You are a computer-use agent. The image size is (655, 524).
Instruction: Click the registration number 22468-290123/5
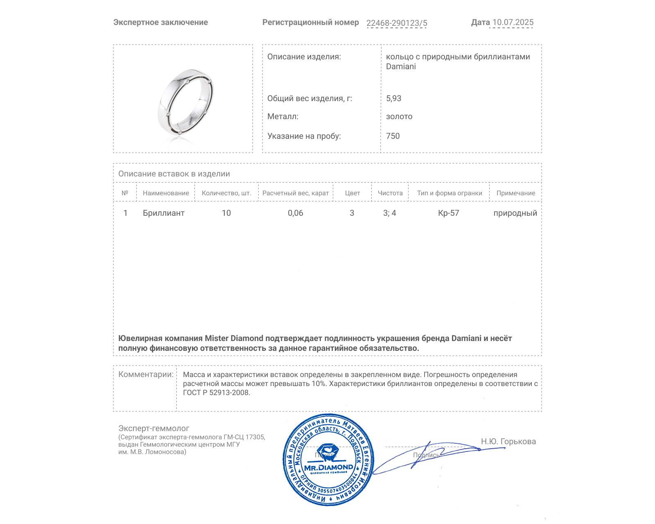pos(396,23)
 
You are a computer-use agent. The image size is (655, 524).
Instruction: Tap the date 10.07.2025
pos(513,23)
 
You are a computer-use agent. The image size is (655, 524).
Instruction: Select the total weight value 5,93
pos(393,98)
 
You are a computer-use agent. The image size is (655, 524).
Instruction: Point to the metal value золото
pos(399,117)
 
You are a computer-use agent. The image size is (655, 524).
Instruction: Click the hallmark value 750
pos(393,136)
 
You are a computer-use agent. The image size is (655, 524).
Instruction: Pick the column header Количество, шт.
pos(226,193)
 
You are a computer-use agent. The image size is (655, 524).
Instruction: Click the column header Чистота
pos(390,193)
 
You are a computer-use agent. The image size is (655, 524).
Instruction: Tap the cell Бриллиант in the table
pos(163,213)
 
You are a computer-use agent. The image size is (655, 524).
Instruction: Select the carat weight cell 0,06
pos(295,213)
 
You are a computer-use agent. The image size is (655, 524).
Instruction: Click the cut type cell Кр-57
pos(448,213)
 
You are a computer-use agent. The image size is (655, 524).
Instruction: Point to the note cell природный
pos(515,213)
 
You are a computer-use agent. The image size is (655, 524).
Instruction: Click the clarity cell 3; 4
pos(389,213)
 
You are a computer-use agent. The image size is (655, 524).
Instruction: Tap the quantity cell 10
pos(226,213)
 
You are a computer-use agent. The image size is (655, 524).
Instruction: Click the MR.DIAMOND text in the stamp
pos(328,468)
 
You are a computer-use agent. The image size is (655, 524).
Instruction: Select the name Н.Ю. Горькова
pos(508,441)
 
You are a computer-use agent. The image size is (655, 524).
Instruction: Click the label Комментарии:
pos(146,374)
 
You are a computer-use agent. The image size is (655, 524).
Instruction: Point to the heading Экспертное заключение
pos(160,23)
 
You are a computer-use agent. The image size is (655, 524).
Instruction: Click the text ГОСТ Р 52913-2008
pos(216,393)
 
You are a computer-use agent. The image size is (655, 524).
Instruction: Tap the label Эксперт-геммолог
pos(154,428)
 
